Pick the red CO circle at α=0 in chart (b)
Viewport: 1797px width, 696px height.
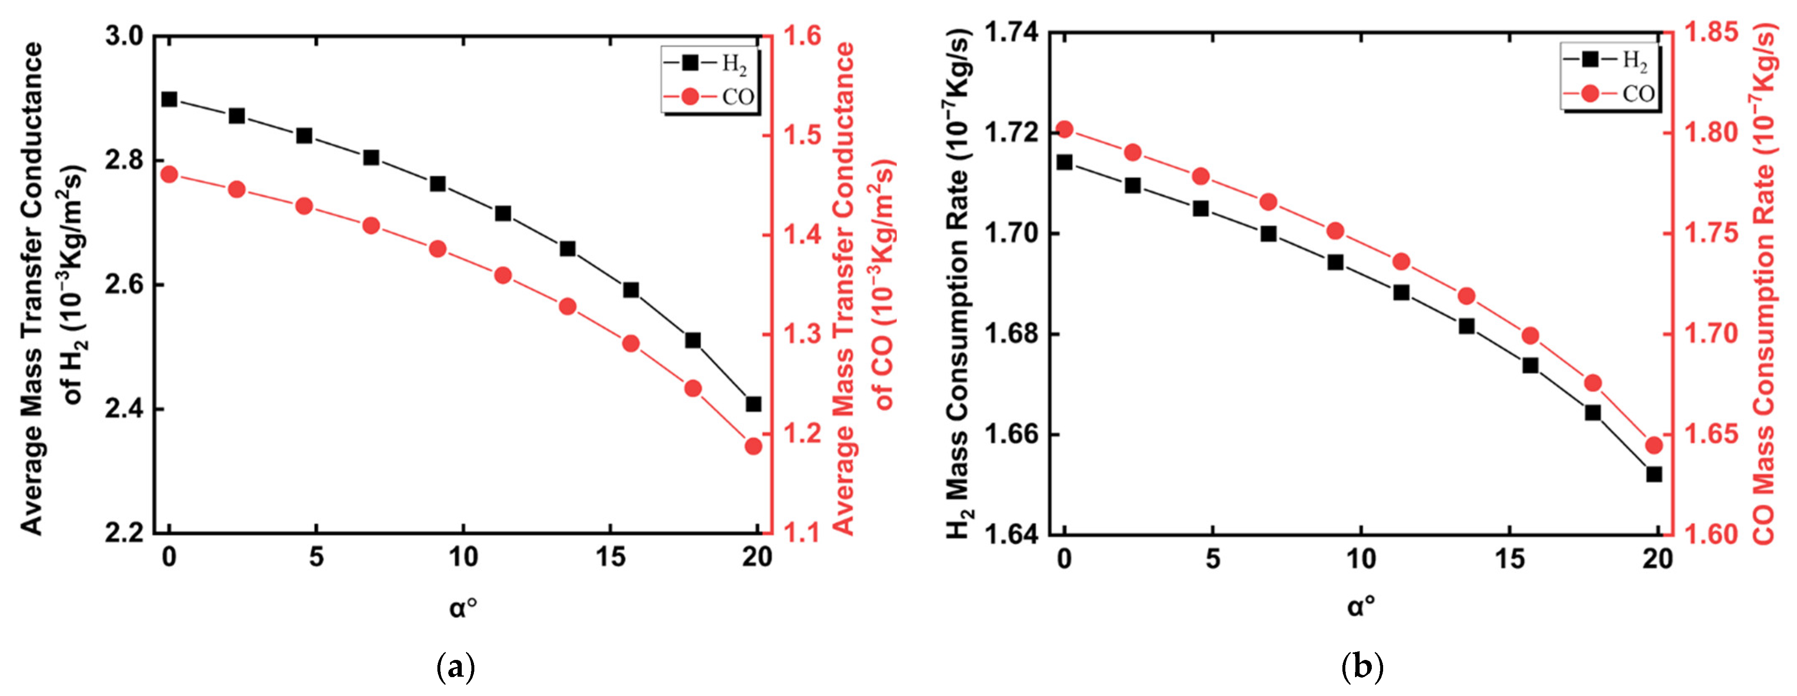coord(1065,129)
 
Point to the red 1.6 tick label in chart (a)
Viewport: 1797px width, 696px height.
coord(802,36)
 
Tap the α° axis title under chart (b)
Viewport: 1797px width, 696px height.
coord(1361,607)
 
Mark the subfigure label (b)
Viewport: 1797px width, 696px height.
coord(1362,667)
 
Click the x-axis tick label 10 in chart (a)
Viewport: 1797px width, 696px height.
coord(463,557)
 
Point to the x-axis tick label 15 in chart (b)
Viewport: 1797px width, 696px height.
coord(1509,559)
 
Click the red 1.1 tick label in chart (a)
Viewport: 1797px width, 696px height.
coord(802,534)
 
